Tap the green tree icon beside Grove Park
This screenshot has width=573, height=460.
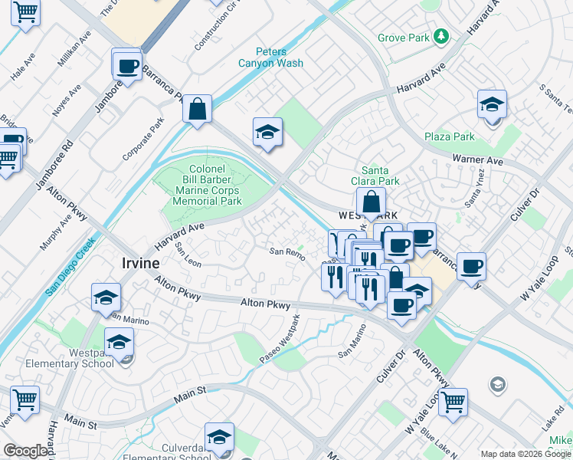pyautogui.click(x=441, y=36)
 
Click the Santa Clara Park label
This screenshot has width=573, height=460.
pyautogui.click(x=380, y=176)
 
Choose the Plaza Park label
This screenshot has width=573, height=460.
pyautogui.click(x=450, y=137)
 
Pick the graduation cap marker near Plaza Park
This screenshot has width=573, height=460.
pyautogui.click(x=492, y=104)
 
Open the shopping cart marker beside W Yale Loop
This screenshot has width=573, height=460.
pyautogui.click(x=453, y=400)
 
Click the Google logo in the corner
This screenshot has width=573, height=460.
pyautogui.click(x=25, y=451)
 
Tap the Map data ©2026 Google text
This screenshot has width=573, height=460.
pyautogui.click(x=526, y=454)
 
